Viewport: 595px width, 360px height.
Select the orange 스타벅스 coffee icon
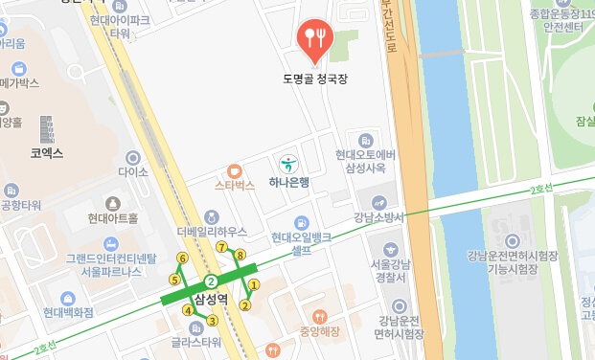click(235, 170)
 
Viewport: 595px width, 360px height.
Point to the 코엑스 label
click(46, 151)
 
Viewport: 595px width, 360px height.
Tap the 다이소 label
click(133, 172)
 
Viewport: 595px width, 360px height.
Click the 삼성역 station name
click(211, 301)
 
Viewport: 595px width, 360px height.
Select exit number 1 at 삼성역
click(254, 284)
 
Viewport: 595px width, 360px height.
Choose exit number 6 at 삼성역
click(182, 259)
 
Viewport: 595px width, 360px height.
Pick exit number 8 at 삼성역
click(240, 255)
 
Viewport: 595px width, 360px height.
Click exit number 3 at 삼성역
click(213, 320)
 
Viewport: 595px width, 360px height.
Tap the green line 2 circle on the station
click(210, 281)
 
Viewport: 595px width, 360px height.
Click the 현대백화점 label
click(68, 312)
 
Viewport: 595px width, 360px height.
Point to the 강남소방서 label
click(380, 217)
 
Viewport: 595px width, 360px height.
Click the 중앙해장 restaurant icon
click(320, 316)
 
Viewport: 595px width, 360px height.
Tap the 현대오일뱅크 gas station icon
click(303, 223)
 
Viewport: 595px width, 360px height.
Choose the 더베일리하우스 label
click(213, 232)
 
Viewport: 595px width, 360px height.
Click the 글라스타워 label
click(196, 341)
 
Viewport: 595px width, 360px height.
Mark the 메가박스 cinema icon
click(18, 69)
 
